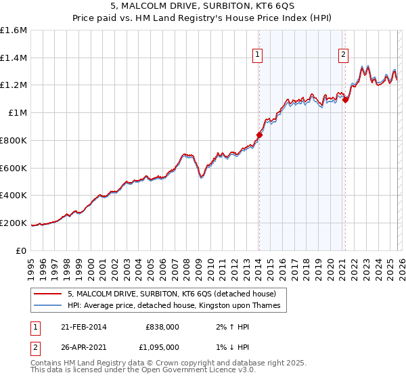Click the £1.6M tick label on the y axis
click(x=14, y=30)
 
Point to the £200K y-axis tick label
click(x=14, y=223)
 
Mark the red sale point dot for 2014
click(x=259, y=135)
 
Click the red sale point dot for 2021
click(x=345, y=99)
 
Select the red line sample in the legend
click(x=48, y=294)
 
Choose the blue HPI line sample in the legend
click(x=48, y=306)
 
